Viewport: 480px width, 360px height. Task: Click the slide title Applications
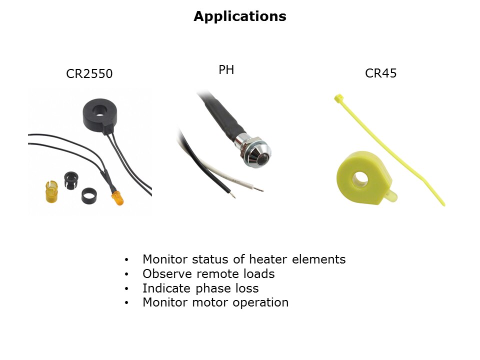[x=240, y=16]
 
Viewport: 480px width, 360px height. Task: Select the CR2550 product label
[x=89, y=74]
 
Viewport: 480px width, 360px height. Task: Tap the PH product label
[x=226, y=70]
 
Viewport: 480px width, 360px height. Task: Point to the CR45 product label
[x=381, y=73]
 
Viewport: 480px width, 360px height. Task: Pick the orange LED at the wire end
[x=117, y=198]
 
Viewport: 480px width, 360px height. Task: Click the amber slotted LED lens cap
[x=51, y=191]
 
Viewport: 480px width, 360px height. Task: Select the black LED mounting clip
[x=71, y=180]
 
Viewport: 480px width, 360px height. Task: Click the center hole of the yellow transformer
[x=360, y=179]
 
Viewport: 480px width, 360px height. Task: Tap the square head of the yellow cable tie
[x=339, y=98]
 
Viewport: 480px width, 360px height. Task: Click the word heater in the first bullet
[x=268, y=259]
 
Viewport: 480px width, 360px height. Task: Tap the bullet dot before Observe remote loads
[x=126, y=274]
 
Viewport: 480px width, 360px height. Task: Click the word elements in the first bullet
[x=318, y=259]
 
